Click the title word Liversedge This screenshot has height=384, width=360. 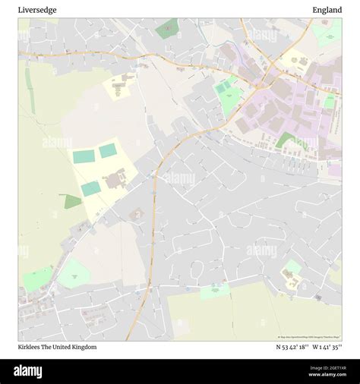point(37,10)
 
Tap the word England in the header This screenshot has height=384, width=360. point(327,10)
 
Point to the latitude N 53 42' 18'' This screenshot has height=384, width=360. point(292,347)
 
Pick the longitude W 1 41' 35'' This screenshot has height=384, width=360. point(327,347)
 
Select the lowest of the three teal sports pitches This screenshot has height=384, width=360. point(91,188)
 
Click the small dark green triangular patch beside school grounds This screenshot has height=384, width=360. point(72,201)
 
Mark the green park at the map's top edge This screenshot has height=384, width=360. point(167,29)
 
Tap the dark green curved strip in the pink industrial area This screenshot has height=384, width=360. point(286,140)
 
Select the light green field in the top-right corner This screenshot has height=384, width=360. point(329,34)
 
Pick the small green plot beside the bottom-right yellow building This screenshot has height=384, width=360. point(292,267)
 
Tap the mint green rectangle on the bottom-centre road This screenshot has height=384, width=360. point(216,290)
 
